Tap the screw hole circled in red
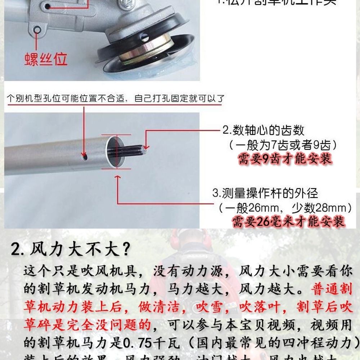click(x=37, y=30)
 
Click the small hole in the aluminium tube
click(x=84, y=157)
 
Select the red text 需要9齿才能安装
click(x=284, y=159)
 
